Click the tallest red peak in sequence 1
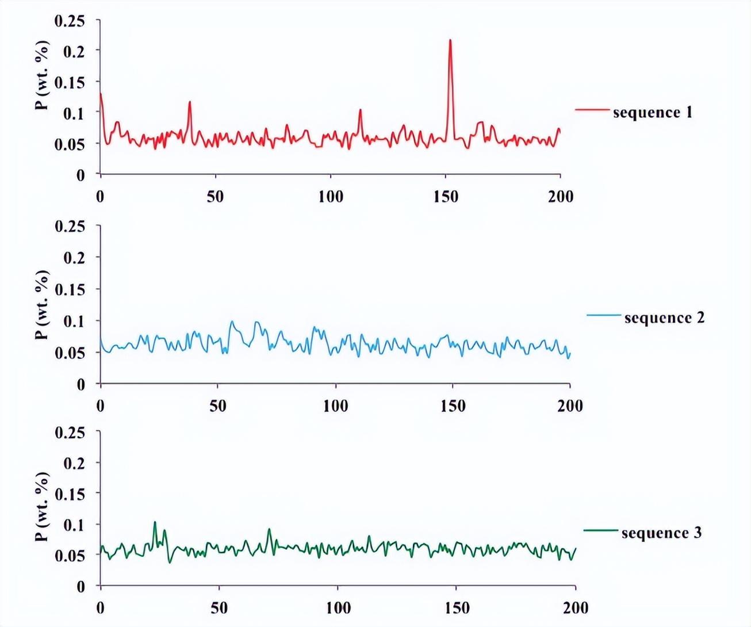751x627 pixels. (450, 40)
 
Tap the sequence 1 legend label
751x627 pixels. (652, 112)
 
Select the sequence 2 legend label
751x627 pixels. (664, 318)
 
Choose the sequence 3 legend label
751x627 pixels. (661, 533)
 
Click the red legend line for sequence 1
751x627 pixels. (592, 109)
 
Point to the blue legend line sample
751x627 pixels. (603, 315)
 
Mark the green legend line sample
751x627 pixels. (600, 530)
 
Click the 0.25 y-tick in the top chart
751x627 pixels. (70, 21)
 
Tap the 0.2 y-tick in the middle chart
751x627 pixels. (74, 258)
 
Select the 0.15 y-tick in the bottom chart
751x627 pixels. (70, 494)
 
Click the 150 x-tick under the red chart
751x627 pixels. (446, 197)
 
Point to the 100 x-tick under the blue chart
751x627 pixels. (335, 406)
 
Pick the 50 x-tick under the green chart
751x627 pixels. (219, 608)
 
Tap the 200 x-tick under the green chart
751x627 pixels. (576, 608)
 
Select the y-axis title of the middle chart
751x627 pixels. (41, 305)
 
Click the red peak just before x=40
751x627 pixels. (190, 102)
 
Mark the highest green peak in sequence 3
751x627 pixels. (155, 522)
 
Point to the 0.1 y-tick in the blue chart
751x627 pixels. (74, 321)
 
